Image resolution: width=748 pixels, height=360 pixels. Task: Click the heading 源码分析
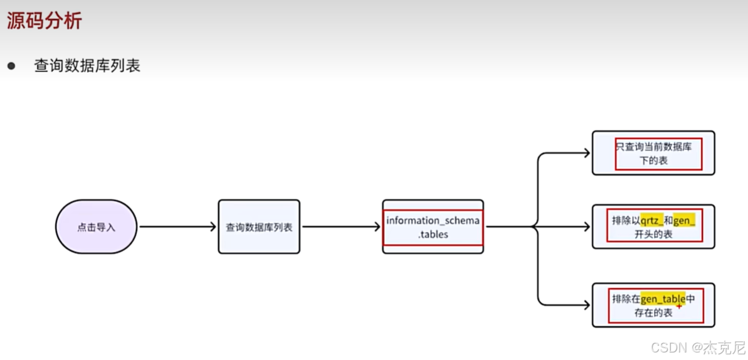(45, 21)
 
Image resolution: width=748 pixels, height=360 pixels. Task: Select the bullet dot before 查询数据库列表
(11, 66)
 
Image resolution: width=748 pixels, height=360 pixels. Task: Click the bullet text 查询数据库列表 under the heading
(87, 66)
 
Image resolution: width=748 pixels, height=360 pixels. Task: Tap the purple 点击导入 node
(96, 227)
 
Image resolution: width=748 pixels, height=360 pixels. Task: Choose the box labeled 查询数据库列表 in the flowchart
(259, 227)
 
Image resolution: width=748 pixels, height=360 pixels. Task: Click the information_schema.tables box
(433, 227)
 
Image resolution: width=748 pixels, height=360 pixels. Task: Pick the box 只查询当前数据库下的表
(653, 153)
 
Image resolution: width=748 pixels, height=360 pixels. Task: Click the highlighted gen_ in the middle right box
(685, 220)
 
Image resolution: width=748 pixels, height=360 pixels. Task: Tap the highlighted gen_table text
(663, 299)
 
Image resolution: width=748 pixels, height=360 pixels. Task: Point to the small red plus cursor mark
(679, 306)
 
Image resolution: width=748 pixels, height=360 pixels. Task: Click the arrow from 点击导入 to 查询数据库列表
(177, 227)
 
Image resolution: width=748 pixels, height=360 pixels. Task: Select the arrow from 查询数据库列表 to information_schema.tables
(342, 227)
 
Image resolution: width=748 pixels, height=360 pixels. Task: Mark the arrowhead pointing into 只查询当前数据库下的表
(586, 153)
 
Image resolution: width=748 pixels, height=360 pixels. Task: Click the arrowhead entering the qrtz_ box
(586, 227)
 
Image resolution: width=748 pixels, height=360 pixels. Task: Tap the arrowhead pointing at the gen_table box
(586, 305)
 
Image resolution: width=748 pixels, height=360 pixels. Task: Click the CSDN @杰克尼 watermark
(698, 347)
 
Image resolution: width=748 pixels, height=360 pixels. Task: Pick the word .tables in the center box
(433, 235)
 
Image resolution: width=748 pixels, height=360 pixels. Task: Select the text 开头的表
(653, 234)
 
